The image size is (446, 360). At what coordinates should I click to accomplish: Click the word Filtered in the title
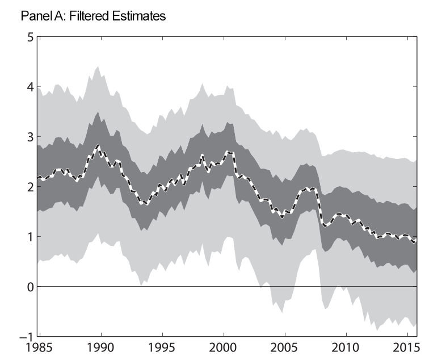pyautogui.click(x=89, y=16)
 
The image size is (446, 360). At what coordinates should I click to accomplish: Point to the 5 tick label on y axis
pyautogui.click(x=30, y=37)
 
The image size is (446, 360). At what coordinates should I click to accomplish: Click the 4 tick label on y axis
pyautogui.click(x=30, y=87)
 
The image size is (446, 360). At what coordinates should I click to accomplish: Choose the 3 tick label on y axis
pyautogui.click(x=30, y=137)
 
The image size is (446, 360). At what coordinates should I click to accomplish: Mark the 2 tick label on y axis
pyautogui.click(x=30, y=187)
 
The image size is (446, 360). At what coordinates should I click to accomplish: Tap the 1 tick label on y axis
pyautogui.click(x=30, y=237)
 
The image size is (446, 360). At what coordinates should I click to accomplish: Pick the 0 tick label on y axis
pyautogui.click(x=30, y=287)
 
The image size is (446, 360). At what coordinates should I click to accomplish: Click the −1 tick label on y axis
pyautogui.click(x=26, y=337)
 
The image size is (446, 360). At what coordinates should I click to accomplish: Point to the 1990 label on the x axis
pyautogui.click(x=101, y=347)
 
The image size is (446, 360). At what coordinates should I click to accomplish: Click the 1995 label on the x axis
pyautogui.click(x=162, y=347)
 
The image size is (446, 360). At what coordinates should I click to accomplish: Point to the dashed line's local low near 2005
pyautogui.click(x=282, y=216)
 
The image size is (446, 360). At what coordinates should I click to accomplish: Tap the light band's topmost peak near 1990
pyautogui.click(x=98, y=66)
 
